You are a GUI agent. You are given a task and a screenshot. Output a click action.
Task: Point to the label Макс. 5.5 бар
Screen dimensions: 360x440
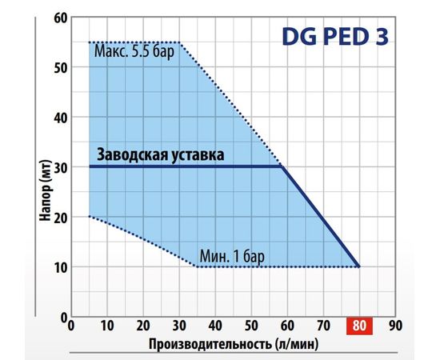tap(133, 54)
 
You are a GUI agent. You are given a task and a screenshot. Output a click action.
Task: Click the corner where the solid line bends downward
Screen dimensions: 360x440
tap(282, 166)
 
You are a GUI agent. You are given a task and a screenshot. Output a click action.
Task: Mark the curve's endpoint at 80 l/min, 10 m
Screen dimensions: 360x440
tap(359, 266)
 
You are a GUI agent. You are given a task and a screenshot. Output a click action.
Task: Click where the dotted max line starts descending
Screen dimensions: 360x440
tap(180, 42)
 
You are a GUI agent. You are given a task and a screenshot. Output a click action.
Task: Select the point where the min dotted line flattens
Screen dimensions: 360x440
tap(197, 266)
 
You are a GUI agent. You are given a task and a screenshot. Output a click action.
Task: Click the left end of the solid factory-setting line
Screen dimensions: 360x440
tap(90, 166)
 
